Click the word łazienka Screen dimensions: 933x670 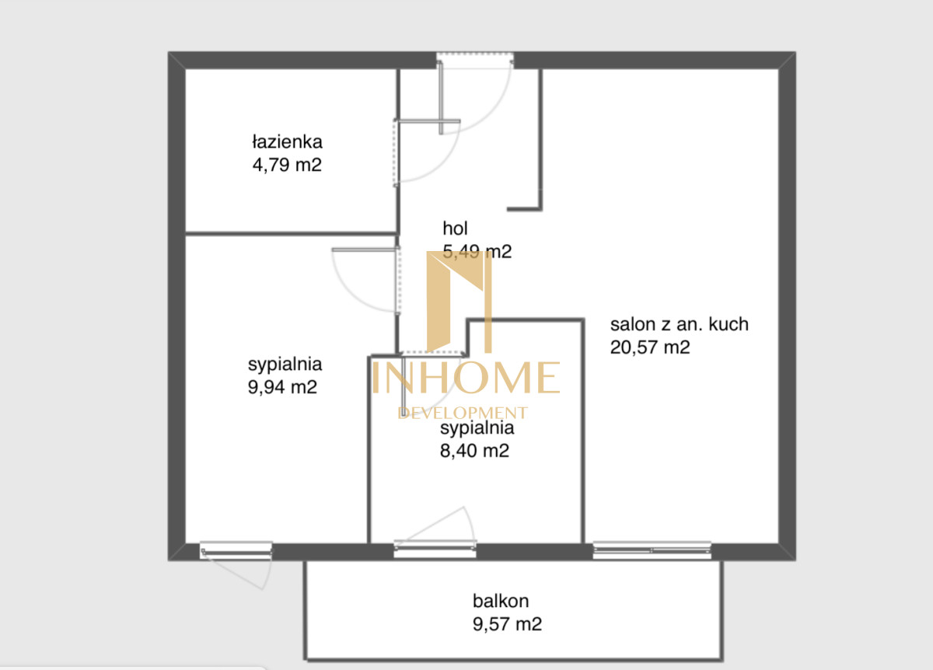point(287,141)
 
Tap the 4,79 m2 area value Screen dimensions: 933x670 point(287,165)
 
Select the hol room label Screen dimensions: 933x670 point(455,229)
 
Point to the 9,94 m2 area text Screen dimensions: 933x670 point(282,387)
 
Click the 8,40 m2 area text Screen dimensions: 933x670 point(474,451)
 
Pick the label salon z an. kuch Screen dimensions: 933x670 point(680,324)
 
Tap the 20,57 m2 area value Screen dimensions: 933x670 point(650,347)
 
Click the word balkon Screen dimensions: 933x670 point(501,601)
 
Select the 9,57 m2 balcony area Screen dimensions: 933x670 point(507,624)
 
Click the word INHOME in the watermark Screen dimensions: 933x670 point(466,377)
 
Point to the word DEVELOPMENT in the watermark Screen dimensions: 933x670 point(463,413)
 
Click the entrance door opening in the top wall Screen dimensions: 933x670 point(475,60)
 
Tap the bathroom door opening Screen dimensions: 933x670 point(396,152)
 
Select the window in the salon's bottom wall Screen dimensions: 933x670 point(652,550)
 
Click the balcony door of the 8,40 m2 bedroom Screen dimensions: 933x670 point(435,550)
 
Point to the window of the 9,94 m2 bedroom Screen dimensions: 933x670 point(236,550)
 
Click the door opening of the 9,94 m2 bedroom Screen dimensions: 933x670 point(398,281)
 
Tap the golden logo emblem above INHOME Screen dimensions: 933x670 point(460,302)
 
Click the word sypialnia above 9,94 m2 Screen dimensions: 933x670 point(285,365)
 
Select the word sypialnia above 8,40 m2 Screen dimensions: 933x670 point(477,428)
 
